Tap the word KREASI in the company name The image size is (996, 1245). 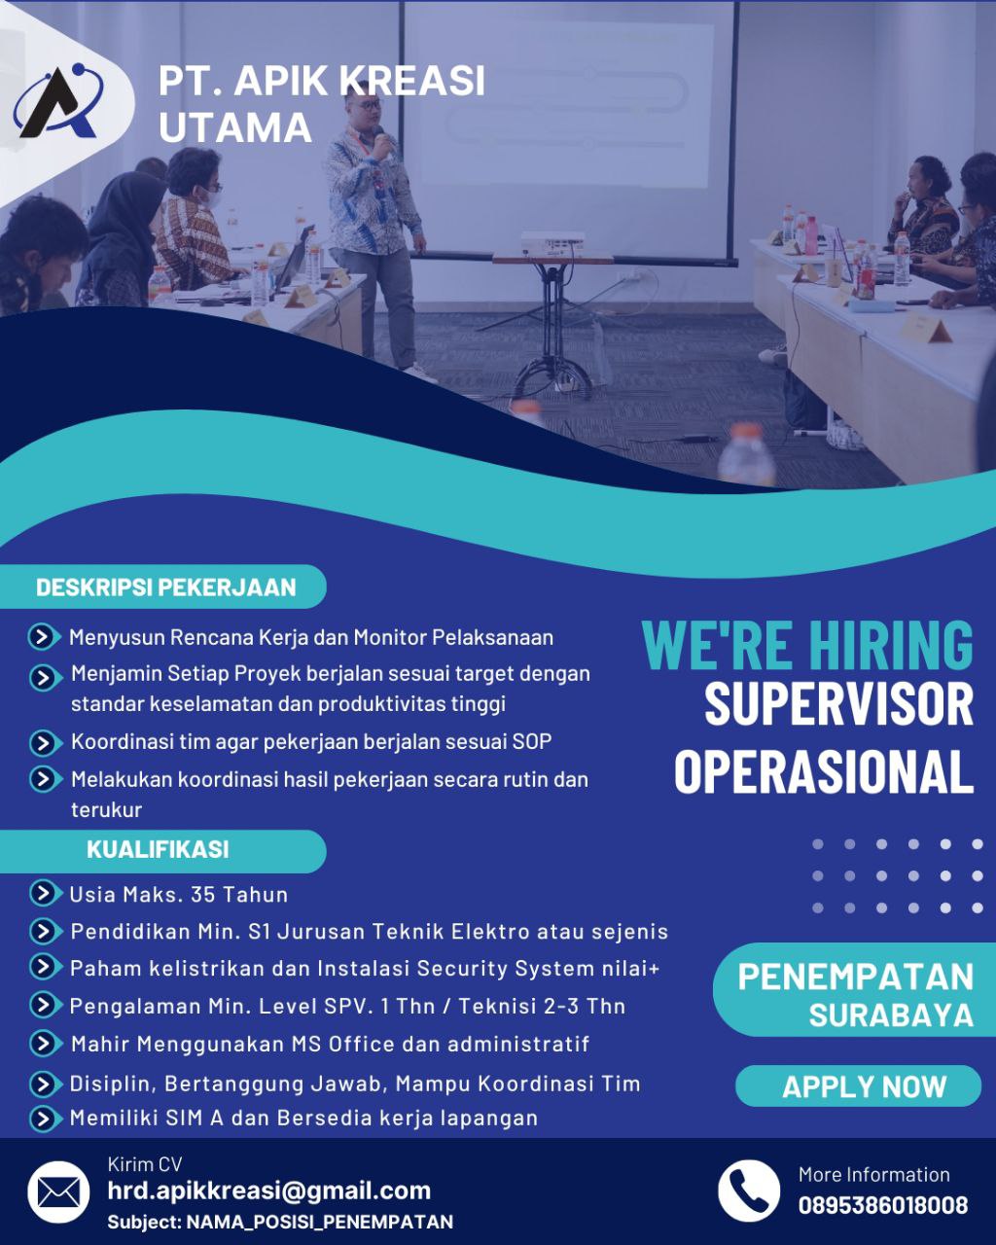tap(411, 81)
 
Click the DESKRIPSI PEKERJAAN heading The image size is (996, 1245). tap(166, 587)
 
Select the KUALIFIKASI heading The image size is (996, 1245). tap(158, 849)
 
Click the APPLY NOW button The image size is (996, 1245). tap(864, 1086)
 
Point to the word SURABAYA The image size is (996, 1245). tap(891, 1014)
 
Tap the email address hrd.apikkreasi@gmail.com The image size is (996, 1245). tap(269, 1191)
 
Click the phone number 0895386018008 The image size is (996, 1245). tap(883, 1205)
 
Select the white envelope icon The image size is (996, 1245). tap(58, 1192)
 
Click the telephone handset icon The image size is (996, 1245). tap(749, 1191)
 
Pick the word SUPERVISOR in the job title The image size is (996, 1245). tap(839, 704)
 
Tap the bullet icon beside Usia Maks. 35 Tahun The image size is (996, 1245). tap(45, 893)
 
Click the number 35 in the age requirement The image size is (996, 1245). tap(202, 895)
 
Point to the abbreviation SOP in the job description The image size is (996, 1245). tap(531, 741)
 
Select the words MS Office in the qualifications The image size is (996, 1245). tap(357, 1045)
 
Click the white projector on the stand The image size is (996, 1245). tap(552, 243)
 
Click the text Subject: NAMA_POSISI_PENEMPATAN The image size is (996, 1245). tap(280, 1222)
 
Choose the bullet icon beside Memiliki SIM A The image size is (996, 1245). tap(45, 1119)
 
